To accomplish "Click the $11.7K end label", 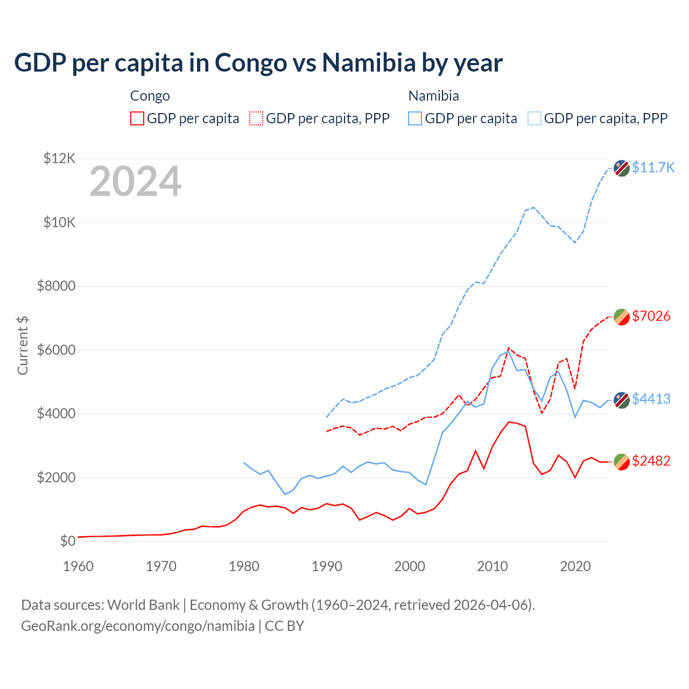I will [653, 167].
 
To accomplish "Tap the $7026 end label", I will [651, 316].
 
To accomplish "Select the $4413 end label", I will [651, 399].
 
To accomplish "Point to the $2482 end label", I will [651, 461].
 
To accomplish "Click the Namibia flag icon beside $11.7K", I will [622, 168].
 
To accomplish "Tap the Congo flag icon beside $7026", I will [622, 317].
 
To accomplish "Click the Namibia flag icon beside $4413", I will [622, 400].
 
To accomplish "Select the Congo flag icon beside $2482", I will [622, 462].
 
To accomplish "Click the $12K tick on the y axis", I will [59, 158].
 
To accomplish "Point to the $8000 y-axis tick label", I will [57, 286].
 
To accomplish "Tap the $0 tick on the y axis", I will [67, 541].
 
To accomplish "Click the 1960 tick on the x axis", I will [79, 566].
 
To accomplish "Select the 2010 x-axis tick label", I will [493, 566].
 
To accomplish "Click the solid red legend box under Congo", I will [137, 118].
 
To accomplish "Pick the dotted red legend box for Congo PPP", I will [256, 118].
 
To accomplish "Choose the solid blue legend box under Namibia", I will [415, 118].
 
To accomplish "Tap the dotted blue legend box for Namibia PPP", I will [535, 118].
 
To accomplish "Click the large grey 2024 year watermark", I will [135, 181].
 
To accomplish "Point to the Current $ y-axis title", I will [23, 346].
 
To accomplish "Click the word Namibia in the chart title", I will [369, 63].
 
